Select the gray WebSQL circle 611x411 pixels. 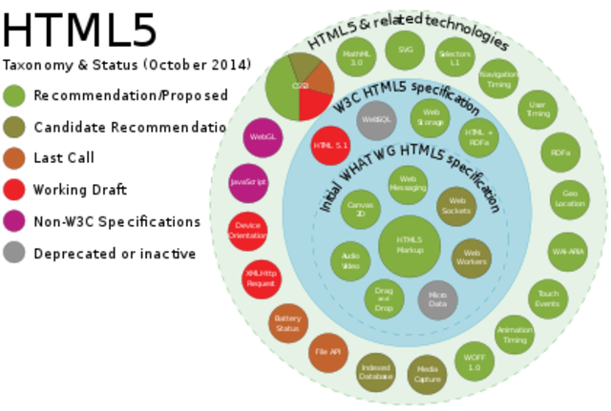pyautogui.click(x=374, y=120)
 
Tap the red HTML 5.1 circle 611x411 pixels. pyautogui.click(x=332, y=145)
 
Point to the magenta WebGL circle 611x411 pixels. pyautogui.click(x=262, y=137)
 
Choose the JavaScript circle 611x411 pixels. pyautogui.click(x=248, y=181)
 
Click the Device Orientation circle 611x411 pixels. pyautogui.click(x=247, y=231)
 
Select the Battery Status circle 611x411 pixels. pyautogui.click(x=286, y=323)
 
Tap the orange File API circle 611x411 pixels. pyautogui.click(x=327, y=354)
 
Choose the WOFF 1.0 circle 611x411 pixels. pyautogui.click(x=474, y=361)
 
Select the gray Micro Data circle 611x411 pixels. pyautogui.click(x=438, y=300)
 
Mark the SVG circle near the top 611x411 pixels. pyautogui.click(x=405, y=49)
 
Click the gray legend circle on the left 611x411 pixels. pyautogui.click(x=14, y=253)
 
